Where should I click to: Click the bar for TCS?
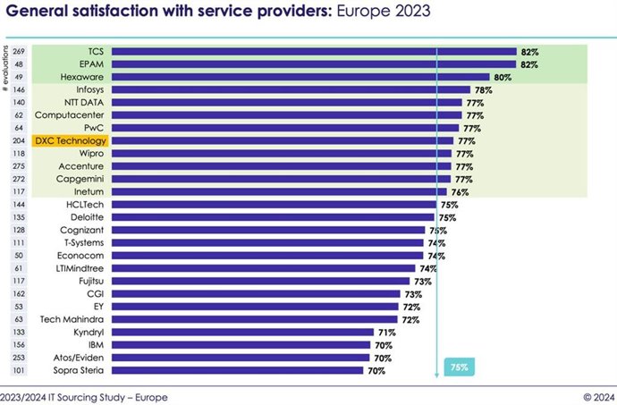point(313,52)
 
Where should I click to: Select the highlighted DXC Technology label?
point(70,140)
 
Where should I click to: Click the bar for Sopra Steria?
point(237,370)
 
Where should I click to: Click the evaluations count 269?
point(18,52)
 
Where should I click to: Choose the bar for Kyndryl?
point(241,332)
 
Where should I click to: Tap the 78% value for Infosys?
point(484,90)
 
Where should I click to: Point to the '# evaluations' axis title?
point(7,67)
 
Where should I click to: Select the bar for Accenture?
point(281,166)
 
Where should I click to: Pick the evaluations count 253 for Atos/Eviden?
point(18,358)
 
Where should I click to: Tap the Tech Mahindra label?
point(74,319)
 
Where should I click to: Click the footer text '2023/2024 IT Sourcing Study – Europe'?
point(84,396)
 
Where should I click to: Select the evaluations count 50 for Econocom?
point(18,255)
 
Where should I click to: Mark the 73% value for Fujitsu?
point(423,281)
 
